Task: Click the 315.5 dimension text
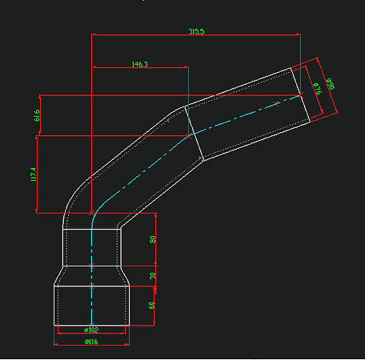[x=196, y=31]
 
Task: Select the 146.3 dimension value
[x=138, y=63]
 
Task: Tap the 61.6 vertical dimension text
[x=37, y=115]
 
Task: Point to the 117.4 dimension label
[x=34, y=174]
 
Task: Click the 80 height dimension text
[x=153, y=239]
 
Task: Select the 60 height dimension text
[x=153, y=306]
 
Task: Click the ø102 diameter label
[x=91, y=330]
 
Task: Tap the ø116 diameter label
[x=90, y=342]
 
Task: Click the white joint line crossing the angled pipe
[x=192, y=134]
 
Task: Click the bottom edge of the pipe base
[x=91, y=324]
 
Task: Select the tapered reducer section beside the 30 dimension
[x=91, y=275]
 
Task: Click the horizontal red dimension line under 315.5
[x=196, y=35]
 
